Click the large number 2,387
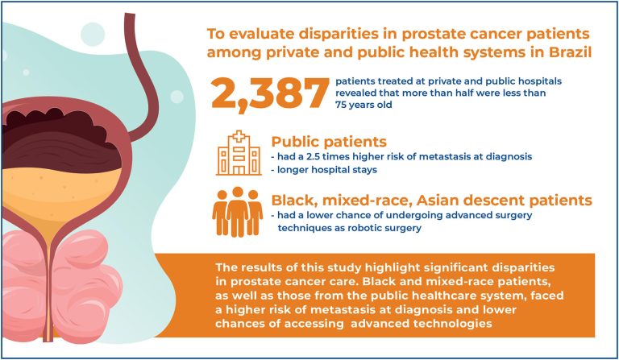click(270, 93)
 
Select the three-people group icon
click(237, 212)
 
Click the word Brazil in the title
click(570, 52)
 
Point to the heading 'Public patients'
click(329, 142)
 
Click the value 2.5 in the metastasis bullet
click(314, 156)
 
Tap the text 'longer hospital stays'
click(327, 170)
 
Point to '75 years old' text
click(364, 105)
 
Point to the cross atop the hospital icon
click(239, 136)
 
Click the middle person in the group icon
click(237, 212)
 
